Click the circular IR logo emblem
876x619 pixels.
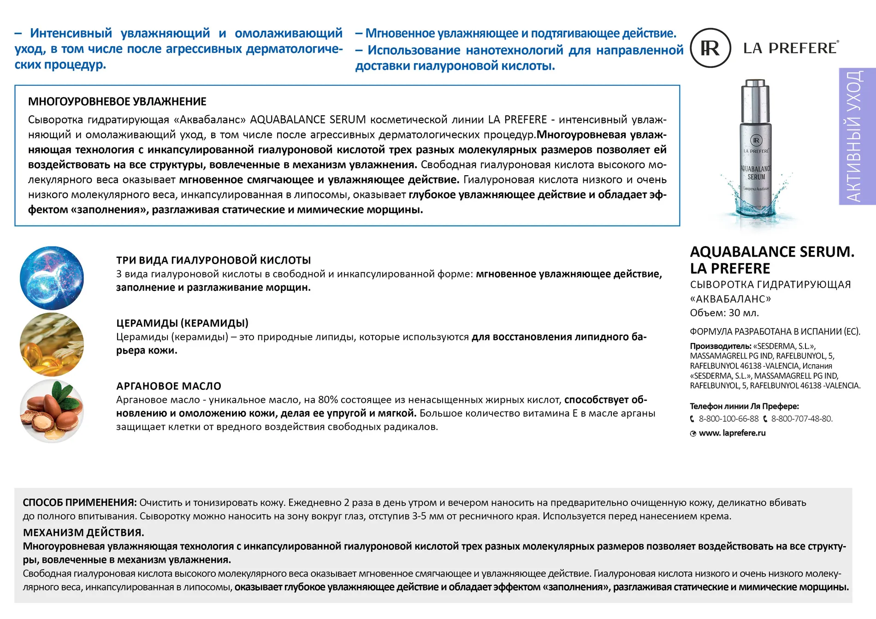710,48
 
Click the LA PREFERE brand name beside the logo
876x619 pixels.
790,48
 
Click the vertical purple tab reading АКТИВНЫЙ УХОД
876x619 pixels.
857,136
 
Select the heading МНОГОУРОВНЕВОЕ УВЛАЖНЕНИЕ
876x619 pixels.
117,102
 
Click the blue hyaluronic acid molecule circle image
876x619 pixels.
52,277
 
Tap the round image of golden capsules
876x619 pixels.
52,344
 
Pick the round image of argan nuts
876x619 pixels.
52,411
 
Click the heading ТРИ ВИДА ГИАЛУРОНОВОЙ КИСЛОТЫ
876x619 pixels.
213,260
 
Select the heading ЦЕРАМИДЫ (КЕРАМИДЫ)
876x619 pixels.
182,323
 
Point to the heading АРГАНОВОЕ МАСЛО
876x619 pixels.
169,386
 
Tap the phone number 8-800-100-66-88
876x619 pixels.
728,419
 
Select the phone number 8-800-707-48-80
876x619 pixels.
801,419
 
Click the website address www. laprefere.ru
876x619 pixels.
732,433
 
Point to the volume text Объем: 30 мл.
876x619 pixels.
724,313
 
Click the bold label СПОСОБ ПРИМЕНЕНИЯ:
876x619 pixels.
80,503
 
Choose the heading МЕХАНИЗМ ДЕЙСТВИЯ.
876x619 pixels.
83,533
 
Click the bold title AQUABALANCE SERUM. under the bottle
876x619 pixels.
772,252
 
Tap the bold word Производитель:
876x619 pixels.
720,346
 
